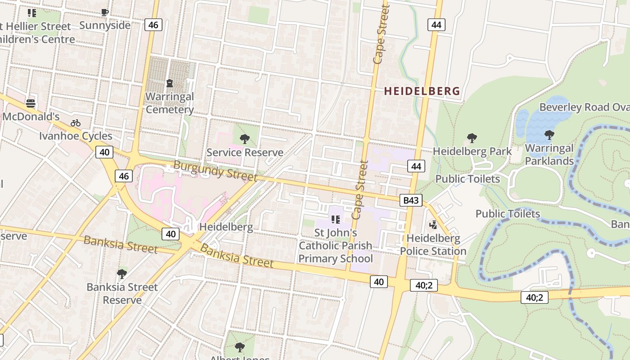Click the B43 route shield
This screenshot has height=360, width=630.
(411, 200)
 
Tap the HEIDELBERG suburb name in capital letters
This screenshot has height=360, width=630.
(422, 91)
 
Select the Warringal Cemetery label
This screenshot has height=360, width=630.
(170, 103)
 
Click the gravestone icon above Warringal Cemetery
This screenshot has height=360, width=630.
(169, 83)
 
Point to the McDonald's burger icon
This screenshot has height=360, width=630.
(31, 103)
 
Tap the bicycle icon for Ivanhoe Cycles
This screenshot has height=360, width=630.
(76, 123)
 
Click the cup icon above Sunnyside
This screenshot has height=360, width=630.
(105, 13)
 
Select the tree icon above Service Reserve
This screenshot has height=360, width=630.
(245, 139)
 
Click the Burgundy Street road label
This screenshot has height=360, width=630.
(215, 171)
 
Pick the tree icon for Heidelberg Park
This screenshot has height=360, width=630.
(472, 138)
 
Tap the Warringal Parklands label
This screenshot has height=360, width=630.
(549, 154)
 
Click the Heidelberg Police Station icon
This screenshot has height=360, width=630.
(433, 225)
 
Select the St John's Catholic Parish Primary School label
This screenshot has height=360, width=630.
(336, 246)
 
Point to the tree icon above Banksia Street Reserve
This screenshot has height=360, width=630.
(122, 274)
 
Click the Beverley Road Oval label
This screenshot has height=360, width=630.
(584, 107)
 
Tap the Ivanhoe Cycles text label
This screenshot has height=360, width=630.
(76, 136)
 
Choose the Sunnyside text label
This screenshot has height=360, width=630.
(105, 25)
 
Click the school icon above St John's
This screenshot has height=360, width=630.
(335, 220)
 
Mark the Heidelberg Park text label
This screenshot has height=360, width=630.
(472, 151)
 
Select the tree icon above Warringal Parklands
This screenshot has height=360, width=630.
(549, 135)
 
